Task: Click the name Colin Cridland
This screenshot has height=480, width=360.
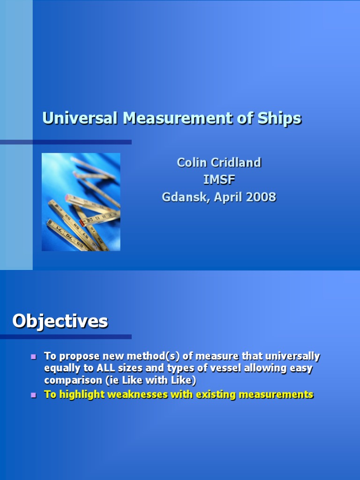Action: coord(219,163)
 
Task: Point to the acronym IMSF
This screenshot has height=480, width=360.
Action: coord(219,180)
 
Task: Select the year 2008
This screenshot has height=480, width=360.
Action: coord(262,197)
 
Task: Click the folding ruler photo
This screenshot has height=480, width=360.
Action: coord(81,202)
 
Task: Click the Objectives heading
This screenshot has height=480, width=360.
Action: coord(60,322)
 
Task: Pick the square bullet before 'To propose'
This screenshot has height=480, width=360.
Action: coord(33,357)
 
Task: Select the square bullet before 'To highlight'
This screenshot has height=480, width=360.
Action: coord(33,395)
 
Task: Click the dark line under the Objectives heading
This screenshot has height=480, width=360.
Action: coord(66,337)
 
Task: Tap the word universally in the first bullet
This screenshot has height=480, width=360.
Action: coord(293,356)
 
